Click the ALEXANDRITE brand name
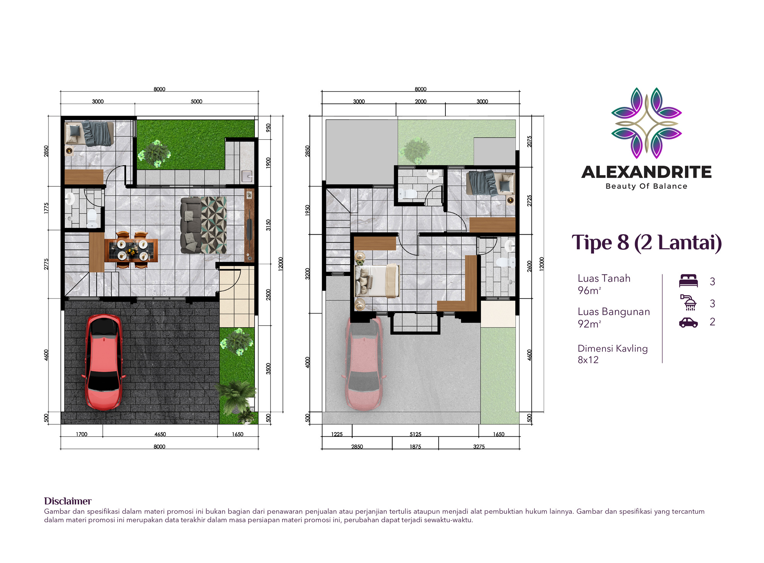646,172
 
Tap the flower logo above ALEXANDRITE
646,123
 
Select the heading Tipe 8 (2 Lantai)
646,243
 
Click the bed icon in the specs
688,281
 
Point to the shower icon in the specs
688,302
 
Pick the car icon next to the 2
688,323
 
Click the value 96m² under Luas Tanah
589,290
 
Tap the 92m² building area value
589,324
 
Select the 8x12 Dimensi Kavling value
588,360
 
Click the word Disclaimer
68,501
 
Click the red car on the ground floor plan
104,362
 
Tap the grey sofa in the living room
191,225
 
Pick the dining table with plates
132,250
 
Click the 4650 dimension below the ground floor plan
160,434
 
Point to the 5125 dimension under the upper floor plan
415,434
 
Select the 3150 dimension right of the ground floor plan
268,225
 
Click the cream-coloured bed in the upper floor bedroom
377,281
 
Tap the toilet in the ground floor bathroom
92,218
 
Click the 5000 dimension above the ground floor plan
196,102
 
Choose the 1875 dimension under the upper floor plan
415,447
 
